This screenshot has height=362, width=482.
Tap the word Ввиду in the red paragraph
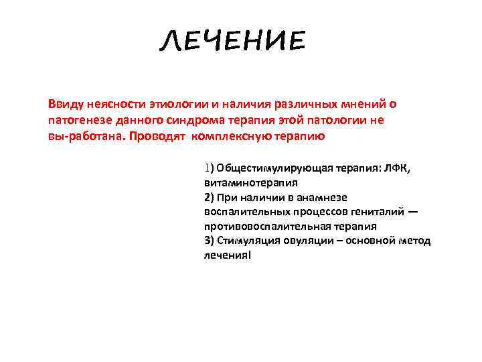(65, 105)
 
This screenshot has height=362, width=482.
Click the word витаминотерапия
(251, 182)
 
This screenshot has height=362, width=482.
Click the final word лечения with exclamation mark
(228, 256)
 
